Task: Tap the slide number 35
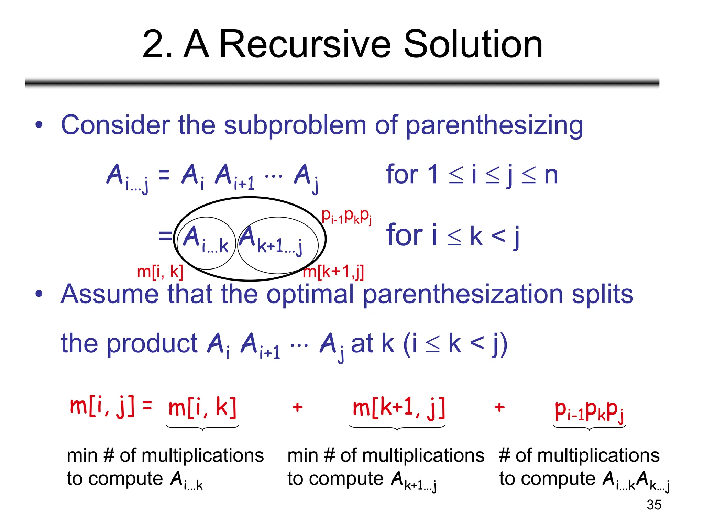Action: pyautogui.click(x=654, y=505)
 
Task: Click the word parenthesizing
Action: pyautogui.click(x=494, y=125)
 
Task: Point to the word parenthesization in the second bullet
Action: pyautogui.click(x=463, y=295)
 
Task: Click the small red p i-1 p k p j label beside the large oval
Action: pyautogui.click(x=346, y=216)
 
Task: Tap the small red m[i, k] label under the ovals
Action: pyautogui.click(x=160, y=272)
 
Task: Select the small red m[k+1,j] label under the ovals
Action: pyautogui.click(x=333, y=272)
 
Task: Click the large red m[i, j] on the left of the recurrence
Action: pyautogui.click(x=102, y=407)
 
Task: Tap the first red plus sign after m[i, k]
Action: pyautogui.click(x=297, y=408)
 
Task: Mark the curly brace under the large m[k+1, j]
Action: pyautogui.click(x=397, y=428)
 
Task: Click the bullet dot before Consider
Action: pyautogui.click(x=39, y=125)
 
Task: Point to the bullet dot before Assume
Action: pyautogui.click(x=39, y=294)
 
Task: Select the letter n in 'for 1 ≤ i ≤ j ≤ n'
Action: pyautogui.click(x=551, y=175)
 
